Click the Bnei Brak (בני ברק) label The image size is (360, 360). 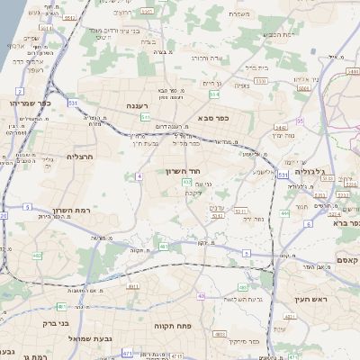57,322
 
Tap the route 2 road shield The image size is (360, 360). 19,92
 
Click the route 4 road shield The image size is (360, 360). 139,176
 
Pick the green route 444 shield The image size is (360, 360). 285,213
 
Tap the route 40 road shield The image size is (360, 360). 202,296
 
